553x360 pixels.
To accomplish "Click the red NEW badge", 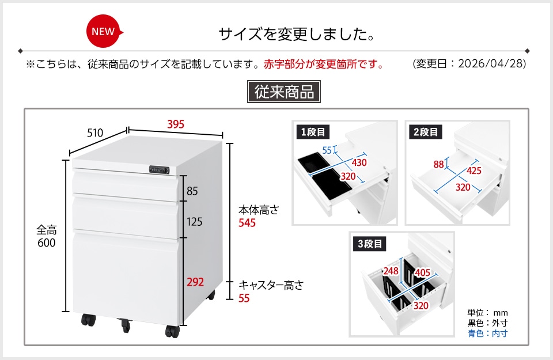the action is [x=104, y=31].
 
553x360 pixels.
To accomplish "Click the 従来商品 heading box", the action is [x=284, y=92].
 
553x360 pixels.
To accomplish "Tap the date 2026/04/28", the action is [x=491, y=63].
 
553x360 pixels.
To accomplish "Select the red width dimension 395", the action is [x=176, y=124].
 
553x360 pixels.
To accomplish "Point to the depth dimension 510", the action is [x=95, y=133].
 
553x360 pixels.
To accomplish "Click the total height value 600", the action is [x=46, y=242].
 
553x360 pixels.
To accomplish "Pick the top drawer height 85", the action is [x=192, y=191].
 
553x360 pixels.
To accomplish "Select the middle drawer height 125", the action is [x=194, y=222].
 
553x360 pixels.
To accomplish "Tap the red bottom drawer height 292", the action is [x=195, y=282].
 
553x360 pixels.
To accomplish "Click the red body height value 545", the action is [x=247, y=223].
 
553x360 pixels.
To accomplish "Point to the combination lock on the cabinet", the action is [x=159, y=169].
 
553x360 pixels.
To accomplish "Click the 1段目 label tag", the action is [x=313, y=132].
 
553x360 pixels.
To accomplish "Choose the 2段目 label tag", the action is [x=426, y=132].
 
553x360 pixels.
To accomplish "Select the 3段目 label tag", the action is [x=370, y=244].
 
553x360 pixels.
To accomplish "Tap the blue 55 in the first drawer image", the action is [x=327, y=150].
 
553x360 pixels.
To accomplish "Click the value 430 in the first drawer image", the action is [x=359, y=162].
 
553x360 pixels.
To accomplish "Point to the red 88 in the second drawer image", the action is [x=439, y=164].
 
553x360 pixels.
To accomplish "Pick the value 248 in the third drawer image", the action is [x=391, y=271].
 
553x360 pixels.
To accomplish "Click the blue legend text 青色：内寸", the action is [x=487, y=333].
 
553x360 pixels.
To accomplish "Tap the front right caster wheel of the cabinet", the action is [x=172, y=331].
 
